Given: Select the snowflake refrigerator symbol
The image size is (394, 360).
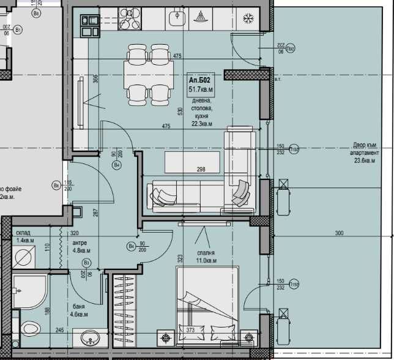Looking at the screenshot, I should point(248,18).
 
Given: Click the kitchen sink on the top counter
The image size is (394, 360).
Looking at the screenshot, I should point(175,18).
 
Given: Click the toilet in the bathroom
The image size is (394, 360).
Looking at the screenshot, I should point(29,329).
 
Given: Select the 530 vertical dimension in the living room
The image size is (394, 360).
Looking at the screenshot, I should point(180,111).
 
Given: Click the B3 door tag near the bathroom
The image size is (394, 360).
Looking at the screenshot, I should point(86,263).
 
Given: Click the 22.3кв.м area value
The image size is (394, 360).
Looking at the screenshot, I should point(201,124).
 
